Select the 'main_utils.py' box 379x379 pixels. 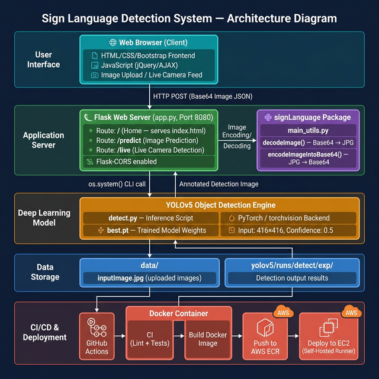click(x=308, y=130)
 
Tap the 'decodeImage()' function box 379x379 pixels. click(x=308, y=142)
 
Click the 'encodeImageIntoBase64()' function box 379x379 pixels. click(x=308, y=158)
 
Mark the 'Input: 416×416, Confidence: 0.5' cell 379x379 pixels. click(x=289, y=229)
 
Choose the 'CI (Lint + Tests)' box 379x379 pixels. click(x=153, y=339)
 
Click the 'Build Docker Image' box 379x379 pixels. click(x=208, y=339)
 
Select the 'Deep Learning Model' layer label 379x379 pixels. click(x=44, y=217)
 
